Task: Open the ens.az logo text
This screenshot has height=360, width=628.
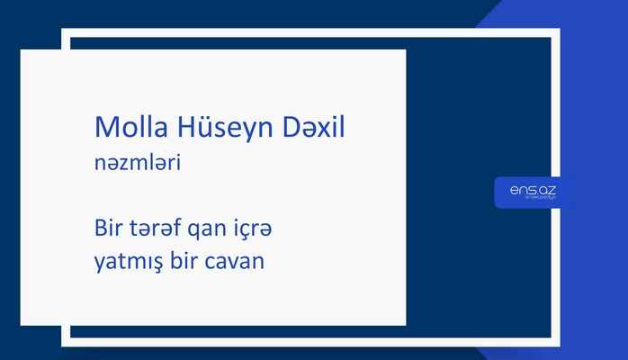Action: tap(532, 189)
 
